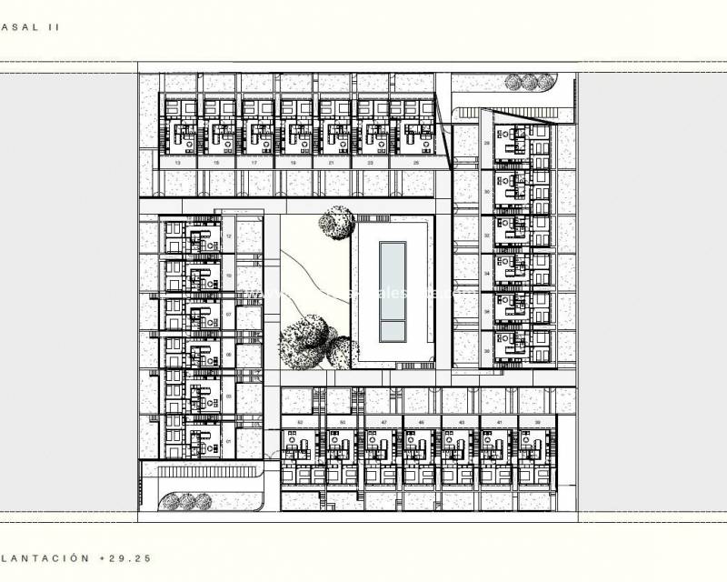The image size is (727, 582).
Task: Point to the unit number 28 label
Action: [488, 144]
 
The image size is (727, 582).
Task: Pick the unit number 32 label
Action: [488, 234]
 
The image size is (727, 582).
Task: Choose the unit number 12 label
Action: [229, 235]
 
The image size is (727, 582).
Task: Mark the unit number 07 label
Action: [229, 314]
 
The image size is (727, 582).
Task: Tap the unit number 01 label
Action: [229, 441]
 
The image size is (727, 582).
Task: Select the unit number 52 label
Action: [300, 423]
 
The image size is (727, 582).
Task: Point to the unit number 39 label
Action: [538, 423]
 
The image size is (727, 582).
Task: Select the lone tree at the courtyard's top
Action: [337, 222]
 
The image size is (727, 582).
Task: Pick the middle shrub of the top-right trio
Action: [528, 82]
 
